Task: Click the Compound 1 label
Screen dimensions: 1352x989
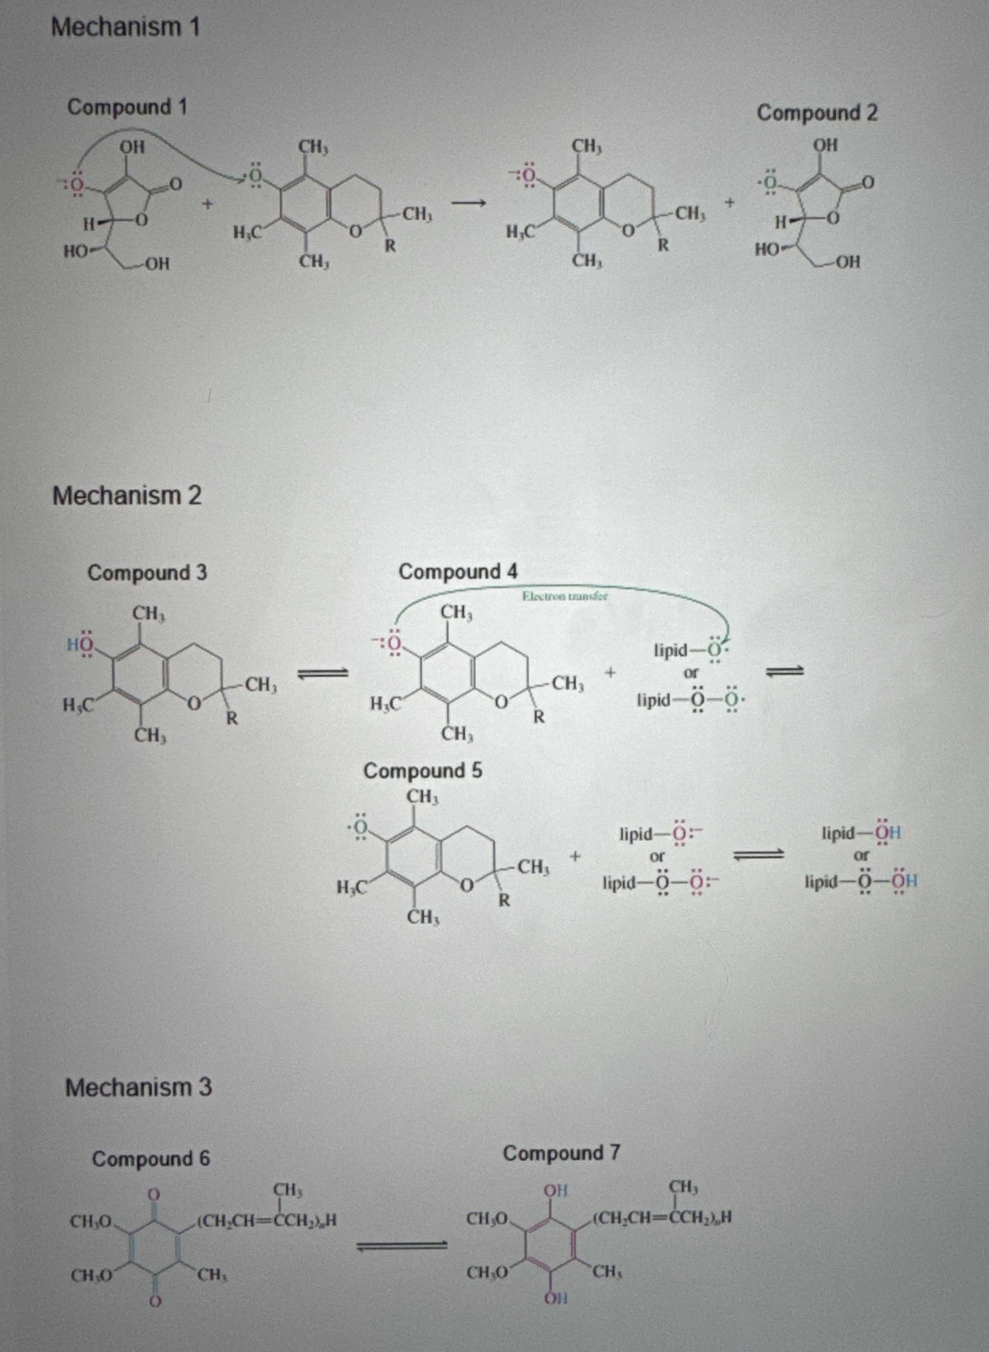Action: point(127,108)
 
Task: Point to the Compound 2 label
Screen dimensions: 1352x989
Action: point(817,113)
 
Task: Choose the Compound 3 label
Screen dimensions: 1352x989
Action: point(147,573)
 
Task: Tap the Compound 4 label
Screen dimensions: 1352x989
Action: point(458,572)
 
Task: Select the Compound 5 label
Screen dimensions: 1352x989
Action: point(423,771)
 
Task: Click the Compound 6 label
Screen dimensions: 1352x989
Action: point(151,1159)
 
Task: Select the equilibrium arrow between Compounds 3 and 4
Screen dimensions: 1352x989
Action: point(323,673)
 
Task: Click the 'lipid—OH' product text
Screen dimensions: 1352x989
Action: point(861,833)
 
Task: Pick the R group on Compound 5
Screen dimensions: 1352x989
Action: point(505,900)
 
